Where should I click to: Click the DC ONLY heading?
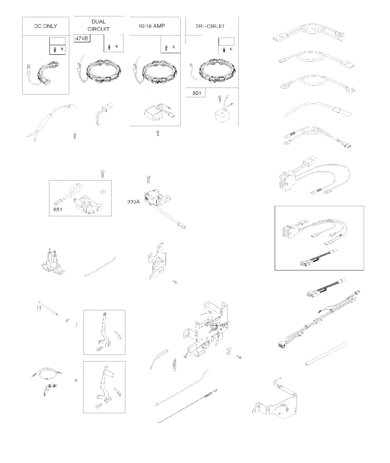tap(45, 26)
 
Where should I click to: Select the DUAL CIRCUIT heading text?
tap(99, 25)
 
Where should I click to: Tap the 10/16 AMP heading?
tap(152, 26)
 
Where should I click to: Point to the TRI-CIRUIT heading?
tap(210, 26)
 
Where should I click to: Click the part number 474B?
tap(82, 38)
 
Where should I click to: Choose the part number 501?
tap(197, 93)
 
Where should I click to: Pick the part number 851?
tap(58, 209)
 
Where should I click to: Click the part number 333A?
tap(133, 201)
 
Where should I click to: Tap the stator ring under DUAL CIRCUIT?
tap(104, 72)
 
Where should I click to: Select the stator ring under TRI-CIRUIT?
tap(217, 72)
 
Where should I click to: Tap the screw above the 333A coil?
tap(149, 179)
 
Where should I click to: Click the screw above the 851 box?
tap(102, 174)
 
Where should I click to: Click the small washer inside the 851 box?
tap(103, 191)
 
